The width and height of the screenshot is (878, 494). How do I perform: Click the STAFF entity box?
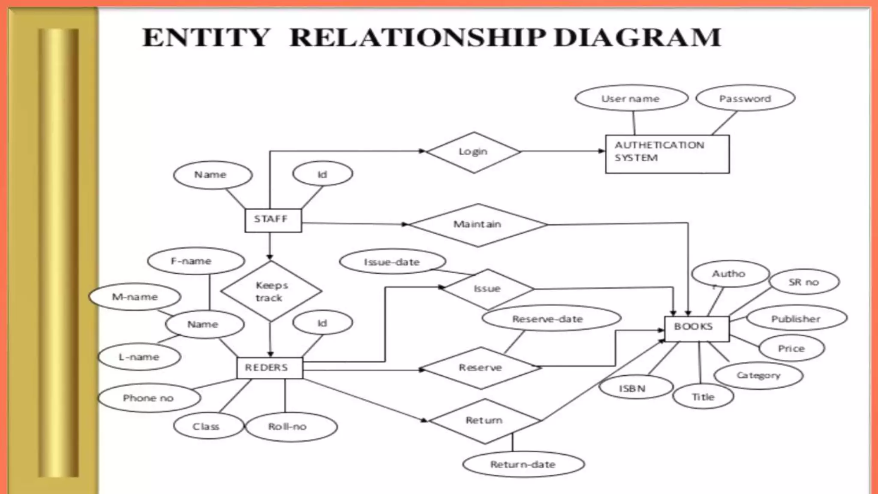273,220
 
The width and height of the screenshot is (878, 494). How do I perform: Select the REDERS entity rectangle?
269,368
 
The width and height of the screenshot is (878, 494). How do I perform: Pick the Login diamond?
473,152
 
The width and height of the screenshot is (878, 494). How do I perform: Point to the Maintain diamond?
478,225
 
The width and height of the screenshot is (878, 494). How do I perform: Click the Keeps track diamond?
271,291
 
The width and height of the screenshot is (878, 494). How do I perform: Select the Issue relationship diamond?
487,289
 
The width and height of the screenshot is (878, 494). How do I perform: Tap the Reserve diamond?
480,368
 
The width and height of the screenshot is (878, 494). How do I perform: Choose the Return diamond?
484,421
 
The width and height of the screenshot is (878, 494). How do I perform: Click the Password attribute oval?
745,99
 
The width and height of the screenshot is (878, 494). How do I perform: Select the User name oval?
631,99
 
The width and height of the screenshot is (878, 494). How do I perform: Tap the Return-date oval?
523,464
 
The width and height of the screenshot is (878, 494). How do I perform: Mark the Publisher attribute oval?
796,319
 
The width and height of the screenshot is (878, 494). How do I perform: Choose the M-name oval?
135,297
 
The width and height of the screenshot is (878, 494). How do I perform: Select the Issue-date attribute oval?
392,262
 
